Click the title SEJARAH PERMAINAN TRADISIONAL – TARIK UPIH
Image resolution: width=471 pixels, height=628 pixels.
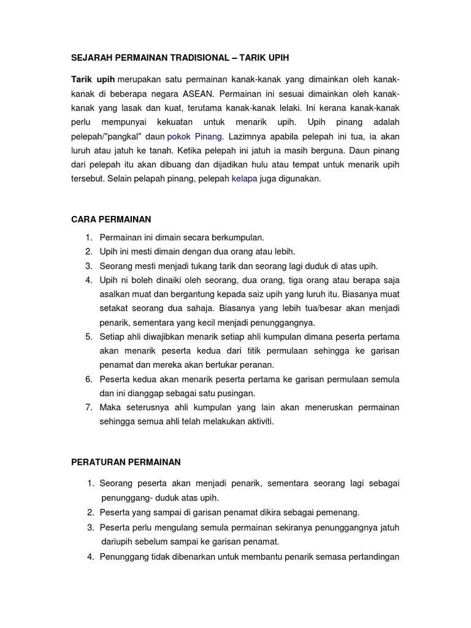(x=180, y=57)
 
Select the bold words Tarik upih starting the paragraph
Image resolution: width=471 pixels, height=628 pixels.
(x=93, y=81)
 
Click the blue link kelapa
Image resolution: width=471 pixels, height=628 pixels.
(x=244, y=178)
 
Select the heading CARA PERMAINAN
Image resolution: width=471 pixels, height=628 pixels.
(x=111, y=218)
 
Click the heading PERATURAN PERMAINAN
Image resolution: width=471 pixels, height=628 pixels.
(x=126, y=461)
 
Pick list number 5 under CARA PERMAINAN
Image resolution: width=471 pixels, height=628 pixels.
(x=88, y=337)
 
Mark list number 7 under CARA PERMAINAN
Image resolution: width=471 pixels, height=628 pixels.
(x=88, y=407)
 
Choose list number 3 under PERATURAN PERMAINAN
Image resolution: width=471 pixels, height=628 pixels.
(x=90, y=527)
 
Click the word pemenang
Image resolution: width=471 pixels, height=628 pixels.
(x=338, y=512)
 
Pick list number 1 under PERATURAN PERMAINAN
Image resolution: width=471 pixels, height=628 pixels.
(x=90, y=484)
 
